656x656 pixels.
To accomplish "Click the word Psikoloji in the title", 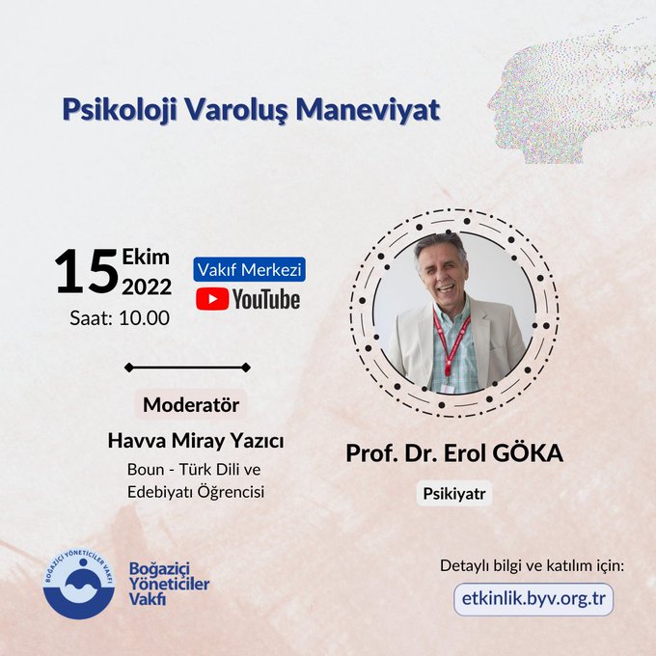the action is (120, 110).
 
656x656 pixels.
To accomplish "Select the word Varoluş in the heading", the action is (236, 110).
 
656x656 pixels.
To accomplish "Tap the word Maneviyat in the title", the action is (368, 110).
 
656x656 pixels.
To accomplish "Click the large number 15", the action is (87, 271).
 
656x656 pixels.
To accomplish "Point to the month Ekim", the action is (146, 257).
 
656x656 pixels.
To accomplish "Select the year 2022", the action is (147, 287).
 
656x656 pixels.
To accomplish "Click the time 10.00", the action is (145, 318).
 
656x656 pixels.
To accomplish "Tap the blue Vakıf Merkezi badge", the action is (249, 269).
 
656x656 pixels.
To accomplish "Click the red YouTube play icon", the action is (212, 299).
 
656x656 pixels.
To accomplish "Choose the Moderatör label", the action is (191, 404).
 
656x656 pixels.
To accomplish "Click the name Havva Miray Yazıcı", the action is (196, 441).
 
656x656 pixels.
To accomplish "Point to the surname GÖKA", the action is (528, 453).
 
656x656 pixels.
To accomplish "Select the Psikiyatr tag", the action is (454, 494).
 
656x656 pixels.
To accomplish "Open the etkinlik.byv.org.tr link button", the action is (533, 599).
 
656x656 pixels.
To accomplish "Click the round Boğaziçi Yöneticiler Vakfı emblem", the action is (79, 584).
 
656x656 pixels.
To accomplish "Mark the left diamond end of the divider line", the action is (129, 368).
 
